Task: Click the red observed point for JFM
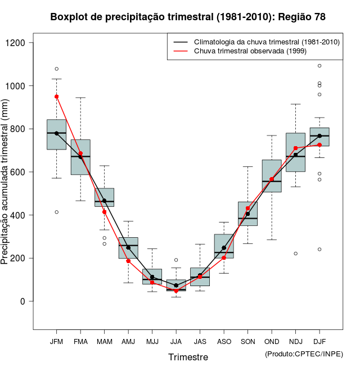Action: point(56,96)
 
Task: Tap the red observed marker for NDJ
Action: point(295,148)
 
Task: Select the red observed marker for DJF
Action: point(319,145)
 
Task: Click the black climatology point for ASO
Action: point(224,247)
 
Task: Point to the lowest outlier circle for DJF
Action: point(319,249)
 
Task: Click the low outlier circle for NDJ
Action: point(295,254)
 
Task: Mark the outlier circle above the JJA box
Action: point(176,260)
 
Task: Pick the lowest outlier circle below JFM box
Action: point(56,212)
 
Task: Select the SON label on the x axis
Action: point(247,341)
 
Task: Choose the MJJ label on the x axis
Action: point(152,341)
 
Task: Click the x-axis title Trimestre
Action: point(188,357)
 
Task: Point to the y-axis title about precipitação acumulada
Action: point(6,185)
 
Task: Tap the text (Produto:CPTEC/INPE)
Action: point(303,354)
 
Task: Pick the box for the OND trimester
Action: point(272,176)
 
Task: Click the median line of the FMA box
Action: point(80,156)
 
